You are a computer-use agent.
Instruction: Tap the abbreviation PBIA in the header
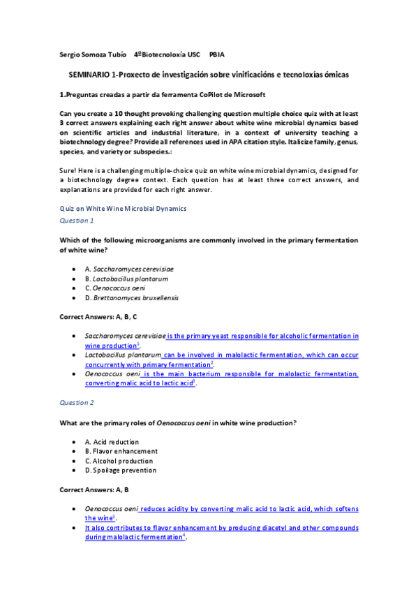point(217,54)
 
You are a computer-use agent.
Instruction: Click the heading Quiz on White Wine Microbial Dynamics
point(123,208)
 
